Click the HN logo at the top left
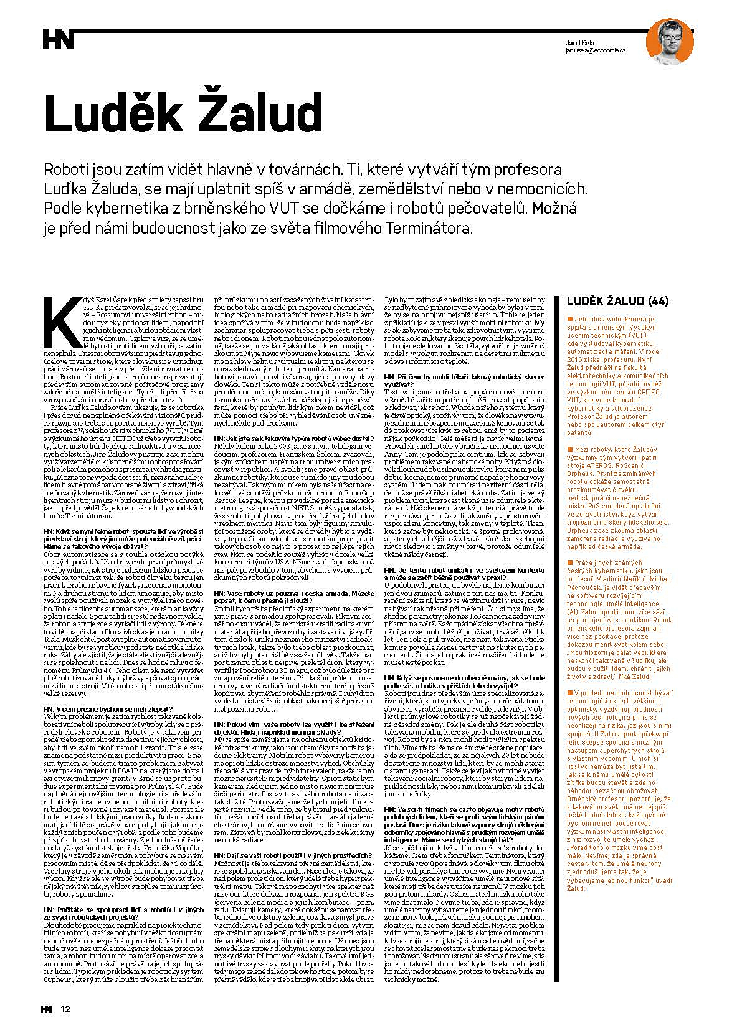click(59, 39)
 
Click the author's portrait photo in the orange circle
click(670, 41)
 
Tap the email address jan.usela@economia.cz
click(595, 50)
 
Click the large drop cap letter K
click(60, 321)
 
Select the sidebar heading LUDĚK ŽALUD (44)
click(617, 302)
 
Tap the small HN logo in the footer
click(47, 1009)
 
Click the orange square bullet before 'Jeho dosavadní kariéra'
click(569, 318)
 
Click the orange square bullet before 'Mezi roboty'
click(569, 449)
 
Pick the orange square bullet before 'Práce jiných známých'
click(569, 563)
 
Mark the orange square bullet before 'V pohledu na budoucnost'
click(569, 692)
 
